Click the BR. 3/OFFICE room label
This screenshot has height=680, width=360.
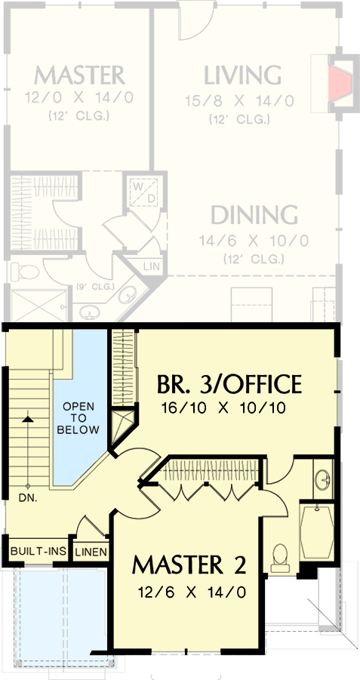pos(229,385)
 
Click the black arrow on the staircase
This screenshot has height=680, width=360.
pos(27,417)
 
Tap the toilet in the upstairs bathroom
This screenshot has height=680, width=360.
pos(280,555)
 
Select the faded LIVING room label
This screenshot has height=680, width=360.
pos(242,75)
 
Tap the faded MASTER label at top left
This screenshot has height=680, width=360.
pos(78,75)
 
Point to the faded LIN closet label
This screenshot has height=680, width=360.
pos(151,266)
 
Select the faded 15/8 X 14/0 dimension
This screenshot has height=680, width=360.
pos(240,100)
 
